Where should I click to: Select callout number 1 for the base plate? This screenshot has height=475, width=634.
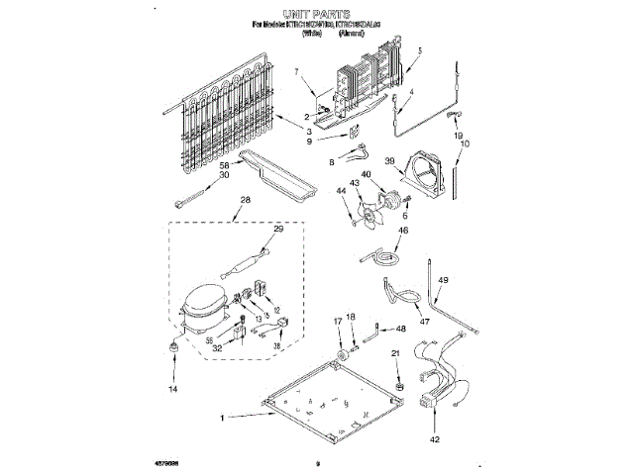pyautogui.click(x=223, y=419)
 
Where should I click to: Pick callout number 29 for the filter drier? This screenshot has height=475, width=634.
pyautogui.click(x=278, y=229)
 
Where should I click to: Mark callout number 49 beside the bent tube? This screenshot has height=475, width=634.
pyautogui.click(x=443, y=281)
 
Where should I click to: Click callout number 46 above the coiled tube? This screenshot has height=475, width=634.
pyautogui.click(x=402, y=231)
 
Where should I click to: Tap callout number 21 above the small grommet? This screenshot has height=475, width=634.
pyautogui.click(x=397, y=353)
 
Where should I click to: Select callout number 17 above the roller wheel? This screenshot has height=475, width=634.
pyautogui.click(x=337, y=322)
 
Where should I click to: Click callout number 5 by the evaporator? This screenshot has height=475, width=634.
pyautogui.click(x=419, y=49)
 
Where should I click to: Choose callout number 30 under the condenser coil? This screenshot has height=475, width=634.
pyautogui.click(x=224, y=175)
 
